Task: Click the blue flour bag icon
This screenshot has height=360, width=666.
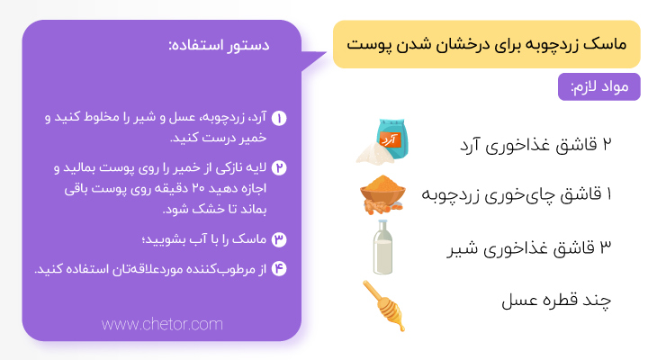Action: [x=392, y=139]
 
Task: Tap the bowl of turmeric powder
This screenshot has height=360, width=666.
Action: [x=382, y=193]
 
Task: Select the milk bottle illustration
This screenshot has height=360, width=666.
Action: [x=382, y=247]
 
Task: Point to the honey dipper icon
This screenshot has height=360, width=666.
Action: [x=384, y=306]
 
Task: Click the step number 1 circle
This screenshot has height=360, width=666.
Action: [x=279, y=118]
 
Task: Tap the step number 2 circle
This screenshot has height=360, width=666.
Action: [x=279, y=168]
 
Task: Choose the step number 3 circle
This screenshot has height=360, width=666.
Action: [x=279, y=240]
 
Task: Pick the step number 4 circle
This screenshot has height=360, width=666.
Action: [x=279, y=269]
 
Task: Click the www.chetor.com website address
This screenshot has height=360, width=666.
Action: [x=162, y=325]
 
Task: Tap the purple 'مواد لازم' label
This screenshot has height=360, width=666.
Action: [x=598, y=86]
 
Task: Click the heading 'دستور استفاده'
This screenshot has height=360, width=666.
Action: [x=219, y=45]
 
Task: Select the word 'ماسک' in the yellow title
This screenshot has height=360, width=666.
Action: [x=605, y=44]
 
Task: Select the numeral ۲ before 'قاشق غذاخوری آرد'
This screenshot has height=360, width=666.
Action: [x=607, y=144]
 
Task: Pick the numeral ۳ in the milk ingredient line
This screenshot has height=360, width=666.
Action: [x=606, y=247]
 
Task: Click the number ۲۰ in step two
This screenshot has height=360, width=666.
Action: [x=198, y=188]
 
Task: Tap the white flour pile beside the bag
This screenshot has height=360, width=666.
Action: [x=373, y=153]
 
